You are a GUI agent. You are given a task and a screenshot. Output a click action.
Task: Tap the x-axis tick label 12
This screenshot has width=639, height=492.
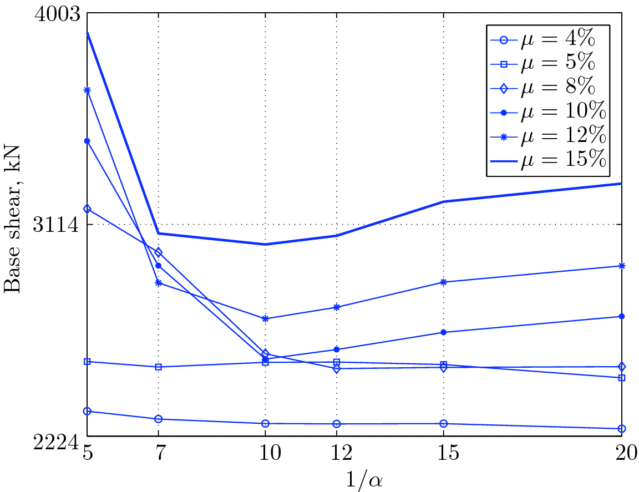336,454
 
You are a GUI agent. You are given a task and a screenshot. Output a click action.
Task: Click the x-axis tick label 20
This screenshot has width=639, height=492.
621,454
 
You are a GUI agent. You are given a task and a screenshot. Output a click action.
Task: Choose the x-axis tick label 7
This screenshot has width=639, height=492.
159,454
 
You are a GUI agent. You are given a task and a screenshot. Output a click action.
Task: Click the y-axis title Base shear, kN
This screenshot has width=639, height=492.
12,219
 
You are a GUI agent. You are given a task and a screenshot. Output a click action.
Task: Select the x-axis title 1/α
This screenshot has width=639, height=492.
356,479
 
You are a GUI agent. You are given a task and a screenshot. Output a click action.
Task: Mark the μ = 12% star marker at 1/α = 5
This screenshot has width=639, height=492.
87,90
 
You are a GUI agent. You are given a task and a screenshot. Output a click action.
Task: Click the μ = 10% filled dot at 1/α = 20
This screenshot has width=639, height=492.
622,316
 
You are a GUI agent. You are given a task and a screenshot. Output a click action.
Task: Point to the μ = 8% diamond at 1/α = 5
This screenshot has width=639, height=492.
87,209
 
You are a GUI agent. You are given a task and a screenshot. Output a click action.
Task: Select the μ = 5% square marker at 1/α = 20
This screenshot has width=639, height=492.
622,378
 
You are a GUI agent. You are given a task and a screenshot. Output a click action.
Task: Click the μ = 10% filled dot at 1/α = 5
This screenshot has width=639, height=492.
87,141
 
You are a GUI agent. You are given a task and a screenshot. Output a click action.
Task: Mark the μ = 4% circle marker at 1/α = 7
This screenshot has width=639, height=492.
159,419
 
